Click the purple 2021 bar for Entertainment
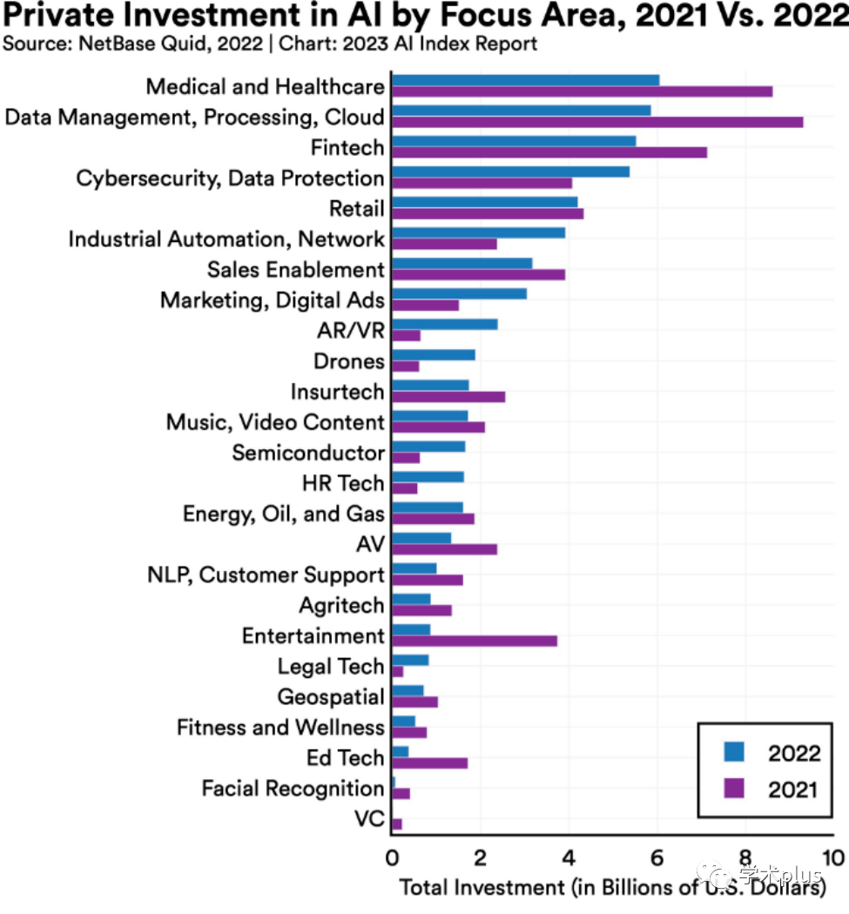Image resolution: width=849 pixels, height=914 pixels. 475,641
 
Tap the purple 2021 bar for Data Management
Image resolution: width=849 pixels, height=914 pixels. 597,122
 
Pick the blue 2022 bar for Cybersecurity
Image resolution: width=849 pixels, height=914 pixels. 510,171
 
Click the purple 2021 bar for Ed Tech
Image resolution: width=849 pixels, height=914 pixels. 429,763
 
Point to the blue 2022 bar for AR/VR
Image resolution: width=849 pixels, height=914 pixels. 445,324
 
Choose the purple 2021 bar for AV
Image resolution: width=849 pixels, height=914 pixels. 444,549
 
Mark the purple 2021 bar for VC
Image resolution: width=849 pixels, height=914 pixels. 397,823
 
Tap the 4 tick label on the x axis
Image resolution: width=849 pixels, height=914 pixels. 569,859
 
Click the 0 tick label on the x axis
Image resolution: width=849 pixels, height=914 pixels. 392,859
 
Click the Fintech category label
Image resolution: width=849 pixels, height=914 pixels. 347,147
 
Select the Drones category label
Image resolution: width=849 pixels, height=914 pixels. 348,361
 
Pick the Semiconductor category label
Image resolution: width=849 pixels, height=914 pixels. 308,453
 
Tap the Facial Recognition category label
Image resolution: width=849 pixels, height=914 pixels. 293,789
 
